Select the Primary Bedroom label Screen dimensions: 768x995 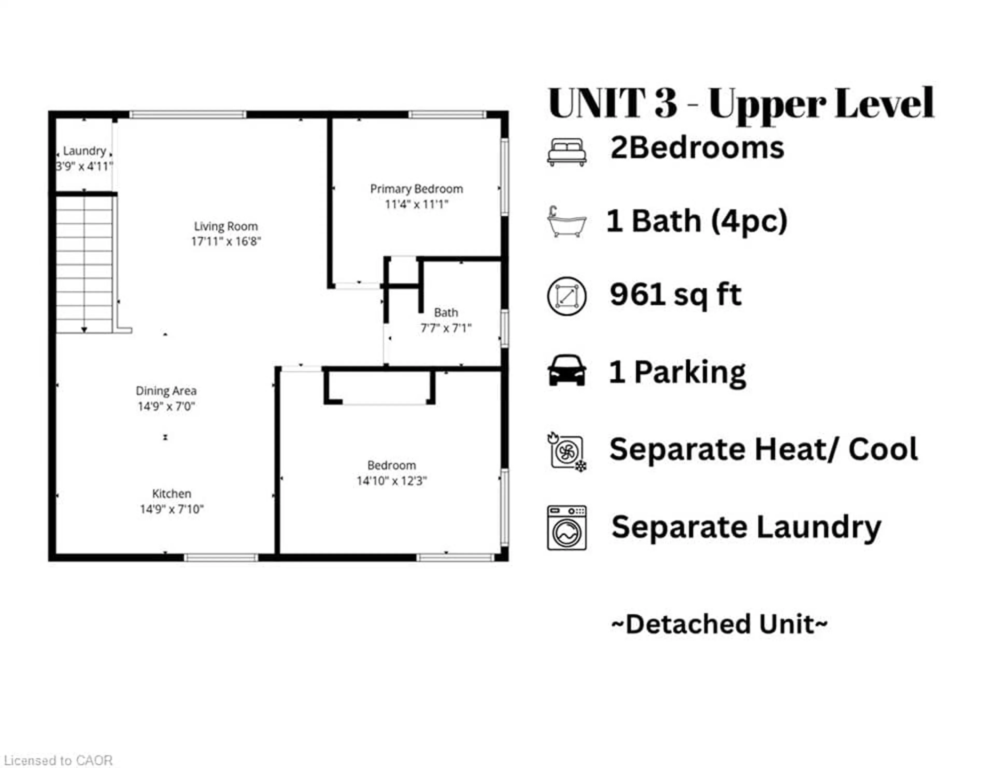[x=416, y=189]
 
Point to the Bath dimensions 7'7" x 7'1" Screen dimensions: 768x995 [x=446, y=328]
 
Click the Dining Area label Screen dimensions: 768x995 [x=166, y=391]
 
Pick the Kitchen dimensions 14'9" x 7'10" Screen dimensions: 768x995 [x=172, y=509]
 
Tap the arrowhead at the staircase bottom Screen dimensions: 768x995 [x=84, y=329]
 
